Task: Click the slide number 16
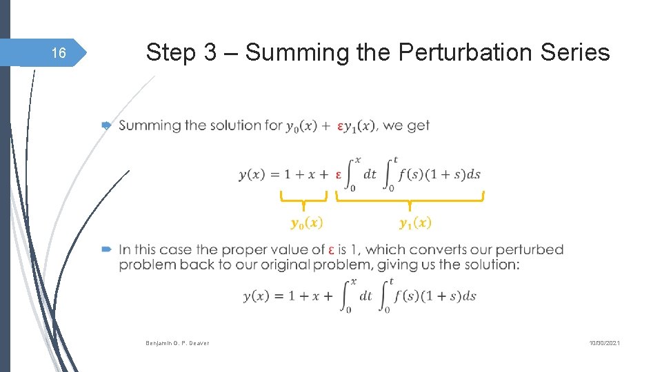(59, 53)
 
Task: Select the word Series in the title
(575, 52)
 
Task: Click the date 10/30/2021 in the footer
(605, 342)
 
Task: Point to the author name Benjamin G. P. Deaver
(177, 342)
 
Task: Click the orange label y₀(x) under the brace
(306, 223)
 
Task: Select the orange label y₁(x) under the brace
(415, 223)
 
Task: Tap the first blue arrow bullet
(106, 125)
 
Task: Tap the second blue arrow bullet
(106, 249)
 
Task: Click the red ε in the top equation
(339, 174)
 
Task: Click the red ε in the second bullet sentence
(332, 250)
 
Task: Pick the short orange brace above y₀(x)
(303, 199)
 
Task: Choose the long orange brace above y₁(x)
(410, 200)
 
